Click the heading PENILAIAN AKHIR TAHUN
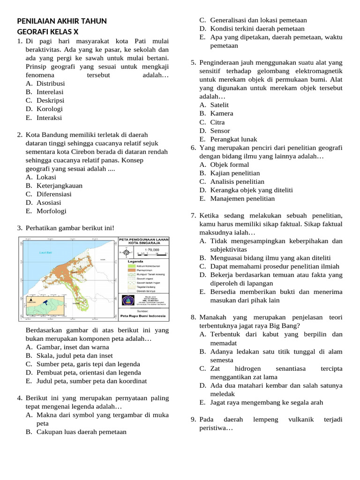coord(62,21)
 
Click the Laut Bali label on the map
coord(45,253)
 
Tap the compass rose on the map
coord(125,252)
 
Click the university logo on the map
coord(127,300)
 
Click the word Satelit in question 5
coord(219,105)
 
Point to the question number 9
coord(193,419)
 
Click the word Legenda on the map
coord(135,261)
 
